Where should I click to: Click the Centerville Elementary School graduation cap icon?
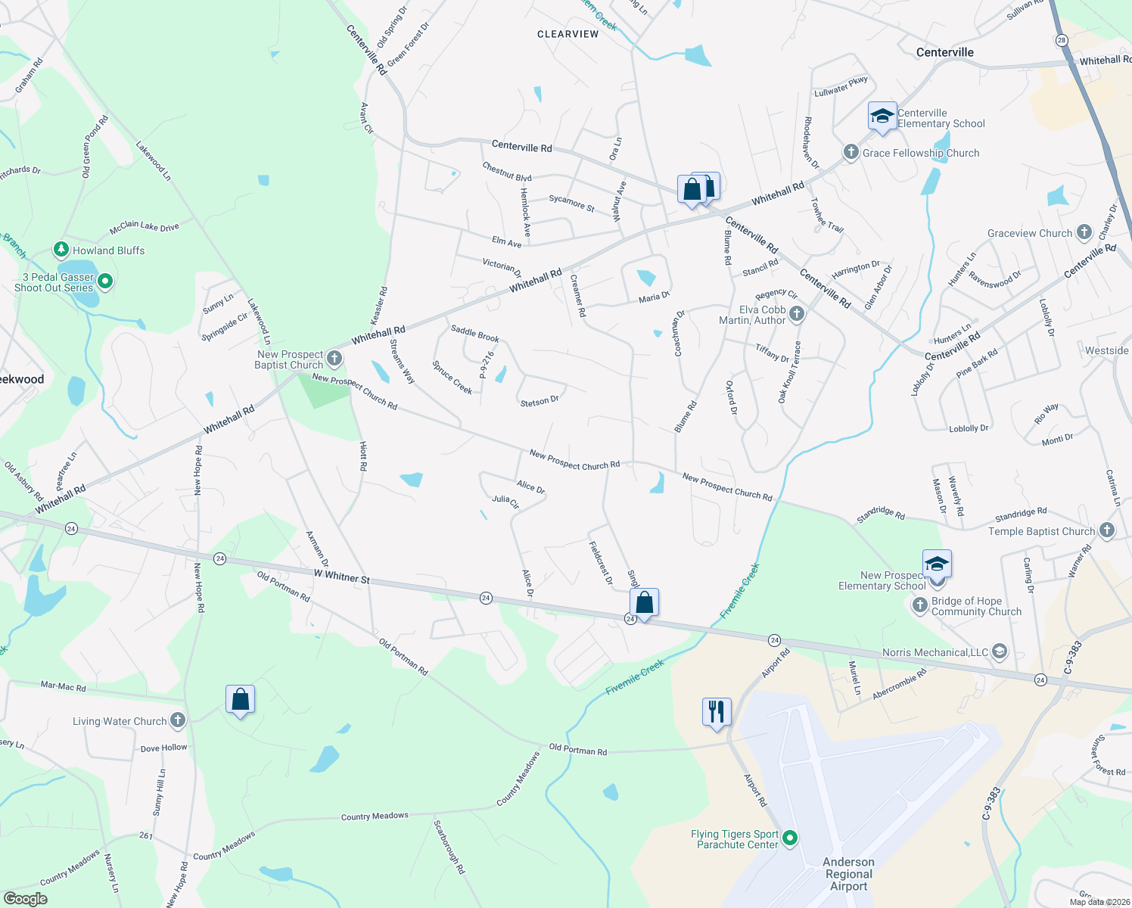point(882,116)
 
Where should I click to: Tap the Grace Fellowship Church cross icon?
point(851,152)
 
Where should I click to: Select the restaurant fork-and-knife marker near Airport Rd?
point(717,712)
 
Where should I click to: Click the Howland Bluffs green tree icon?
point(61,250)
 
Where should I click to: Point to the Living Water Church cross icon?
point(178,720)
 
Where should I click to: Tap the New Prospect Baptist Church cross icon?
point(334,359)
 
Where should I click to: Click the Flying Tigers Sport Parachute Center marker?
point(790,838)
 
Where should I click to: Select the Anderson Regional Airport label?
point(848,874)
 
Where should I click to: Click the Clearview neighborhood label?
point(568,34)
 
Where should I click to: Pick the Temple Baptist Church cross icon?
point(1107,530)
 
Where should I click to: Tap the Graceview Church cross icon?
point(1084,232)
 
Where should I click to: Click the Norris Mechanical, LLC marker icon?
point(1000,651)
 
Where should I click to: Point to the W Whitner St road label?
point(342,577)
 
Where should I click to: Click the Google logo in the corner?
point(25,898)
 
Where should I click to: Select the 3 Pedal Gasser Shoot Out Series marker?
point(105,281)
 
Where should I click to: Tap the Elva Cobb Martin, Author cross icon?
point(796,314)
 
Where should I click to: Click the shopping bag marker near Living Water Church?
point(240,700)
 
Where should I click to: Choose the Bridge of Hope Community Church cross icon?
point(920,605)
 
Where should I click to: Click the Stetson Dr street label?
point(540,401)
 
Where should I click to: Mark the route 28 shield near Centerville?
point(1062,40)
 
